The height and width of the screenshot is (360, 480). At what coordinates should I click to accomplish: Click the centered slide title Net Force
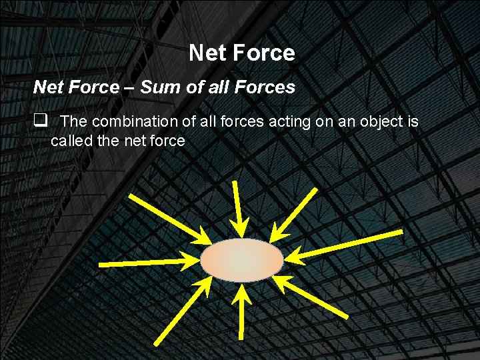pyautogui.click(x=241, y=53)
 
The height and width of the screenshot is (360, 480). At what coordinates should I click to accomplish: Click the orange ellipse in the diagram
pyautogui.click(x=242, y=260)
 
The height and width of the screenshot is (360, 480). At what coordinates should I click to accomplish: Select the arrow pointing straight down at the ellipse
pyautogui.click(x=239, y=207)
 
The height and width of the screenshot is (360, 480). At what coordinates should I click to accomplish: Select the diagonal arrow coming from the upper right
pyautogui.click(x=295, y=212)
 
